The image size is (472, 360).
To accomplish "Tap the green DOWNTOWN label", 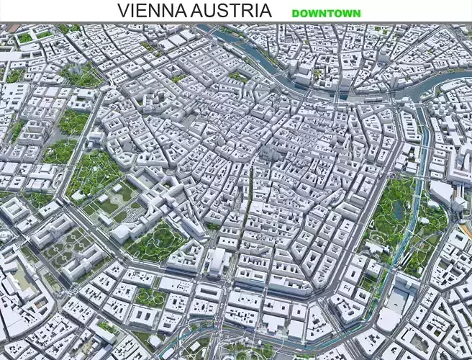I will pyautogui.click(x=326, y=13).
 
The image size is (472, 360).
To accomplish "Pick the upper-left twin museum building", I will pyautogui.click(x=50, y=230).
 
